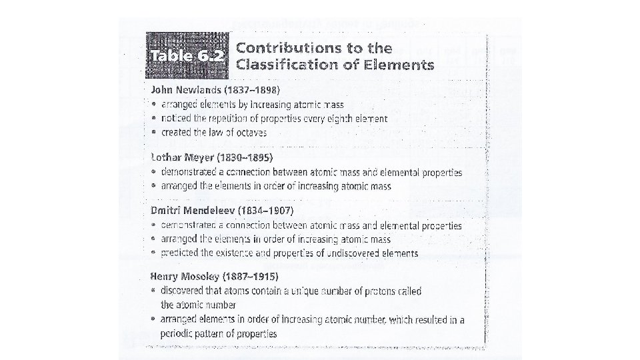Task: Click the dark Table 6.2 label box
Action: point(189,57)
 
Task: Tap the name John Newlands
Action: point(185,90)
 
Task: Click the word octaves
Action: point(249,133)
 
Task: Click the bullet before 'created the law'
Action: point(155,133)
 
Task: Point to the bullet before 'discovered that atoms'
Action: point(155,291)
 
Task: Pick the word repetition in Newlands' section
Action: point(230,119)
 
